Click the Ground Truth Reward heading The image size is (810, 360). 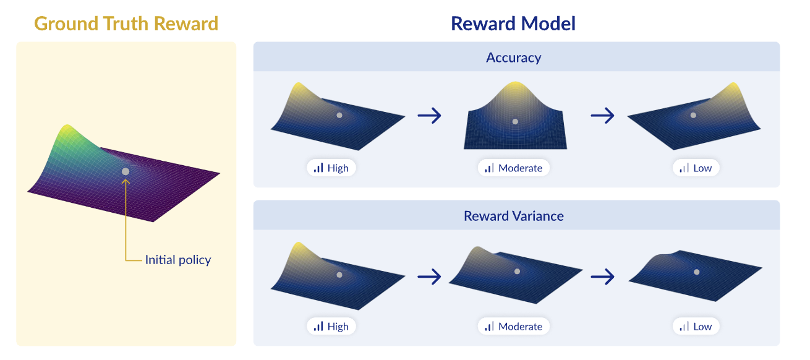pos(126,24)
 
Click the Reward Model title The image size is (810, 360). pos(513,24)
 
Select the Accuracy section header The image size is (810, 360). pos(513,58)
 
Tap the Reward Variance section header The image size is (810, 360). pos(513,216)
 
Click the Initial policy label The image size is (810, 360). pos(178,260)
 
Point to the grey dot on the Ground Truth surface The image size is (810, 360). pos(126,171)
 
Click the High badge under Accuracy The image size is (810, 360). pos(331,168)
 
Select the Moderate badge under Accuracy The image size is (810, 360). pos(513,168)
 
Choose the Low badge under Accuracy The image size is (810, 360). pos(696,168)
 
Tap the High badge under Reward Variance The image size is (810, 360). pos(331,327)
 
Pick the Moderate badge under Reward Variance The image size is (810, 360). pos(513,327)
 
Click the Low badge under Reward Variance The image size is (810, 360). pos(696,327)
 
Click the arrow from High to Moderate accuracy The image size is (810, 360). pos(430,116)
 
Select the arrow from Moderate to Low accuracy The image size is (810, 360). pos(602,116)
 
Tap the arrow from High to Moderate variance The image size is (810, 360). pos(430,276)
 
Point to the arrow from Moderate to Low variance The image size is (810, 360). pos(602,276)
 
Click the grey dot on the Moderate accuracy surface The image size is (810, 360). pos(515,122)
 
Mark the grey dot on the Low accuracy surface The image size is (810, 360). pos(693,115)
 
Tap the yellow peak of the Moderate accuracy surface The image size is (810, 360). pos(515,86)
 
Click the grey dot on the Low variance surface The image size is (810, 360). pos(696,272)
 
